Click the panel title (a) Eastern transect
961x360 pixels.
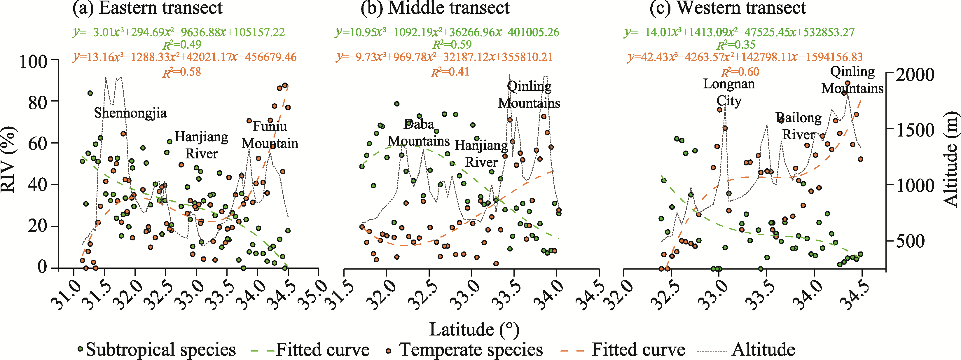click(x=147, y=8)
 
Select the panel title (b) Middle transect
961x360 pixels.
click(x=435, y=8)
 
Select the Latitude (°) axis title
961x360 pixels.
click(x=474, y=329)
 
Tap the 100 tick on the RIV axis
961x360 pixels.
click(x=34, y=61)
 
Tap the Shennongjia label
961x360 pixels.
click(x=130, y=113)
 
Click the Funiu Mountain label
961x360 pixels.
click(x=270, y=135)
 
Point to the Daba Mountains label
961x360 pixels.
click(x=419, y=132)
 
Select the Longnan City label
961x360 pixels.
click(x=728, y=92)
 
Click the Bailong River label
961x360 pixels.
click(x=798, y=126)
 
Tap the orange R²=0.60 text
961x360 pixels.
click(x=740, y=72)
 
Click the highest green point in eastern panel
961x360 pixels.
click(x=90, y=93)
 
